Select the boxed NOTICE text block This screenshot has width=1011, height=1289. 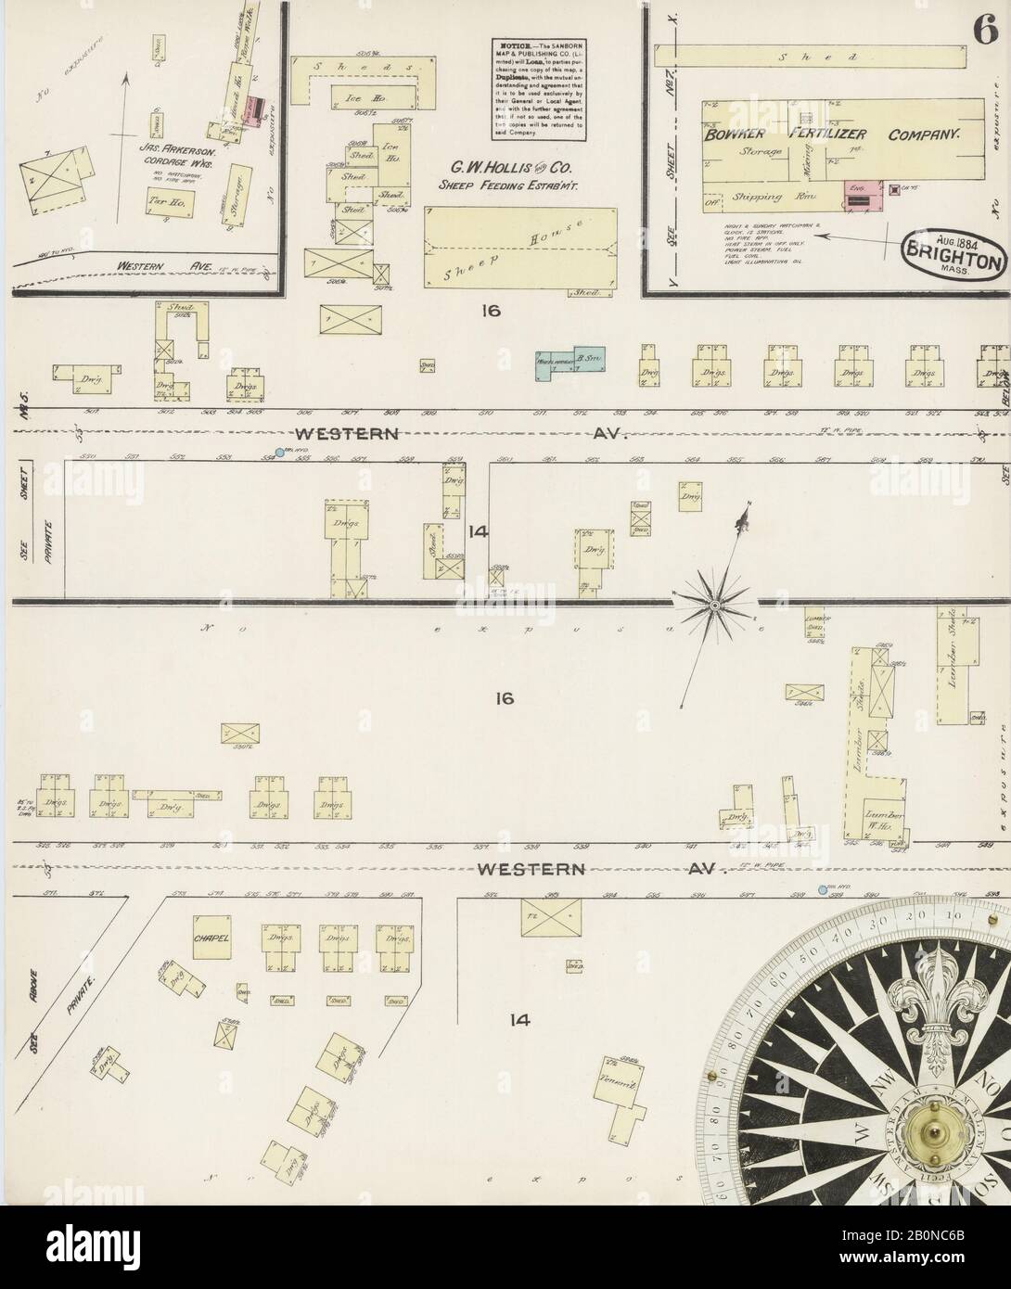coord(538,90)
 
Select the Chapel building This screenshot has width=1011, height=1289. coord(211,938)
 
